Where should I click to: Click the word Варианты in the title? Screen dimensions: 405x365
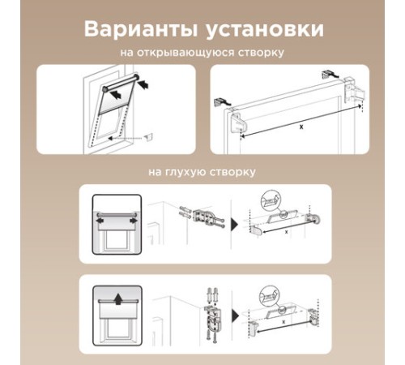141,29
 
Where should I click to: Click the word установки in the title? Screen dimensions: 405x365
265,30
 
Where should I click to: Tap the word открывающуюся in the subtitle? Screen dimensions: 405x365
186,53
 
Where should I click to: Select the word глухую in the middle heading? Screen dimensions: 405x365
184,172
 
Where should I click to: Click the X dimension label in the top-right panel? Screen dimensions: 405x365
301,127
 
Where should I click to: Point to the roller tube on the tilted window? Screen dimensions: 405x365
121,82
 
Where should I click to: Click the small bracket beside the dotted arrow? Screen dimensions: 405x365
149,136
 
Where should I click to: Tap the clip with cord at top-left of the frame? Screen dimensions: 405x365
223,101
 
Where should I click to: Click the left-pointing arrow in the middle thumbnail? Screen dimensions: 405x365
100,221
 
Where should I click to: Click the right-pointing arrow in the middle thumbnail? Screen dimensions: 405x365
134,221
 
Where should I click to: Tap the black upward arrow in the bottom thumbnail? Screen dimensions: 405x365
117,299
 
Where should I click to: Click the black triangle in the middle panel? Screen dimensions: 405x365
235,224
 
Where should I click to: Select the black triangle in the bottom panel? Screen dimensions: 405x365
236,315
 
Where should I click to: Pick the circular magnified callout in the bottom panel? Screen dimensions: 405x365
269,295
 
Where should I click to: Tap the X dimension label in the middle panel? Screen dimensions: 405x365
287,232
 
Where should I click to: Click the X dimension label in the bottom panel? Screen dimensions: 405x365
283,322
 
